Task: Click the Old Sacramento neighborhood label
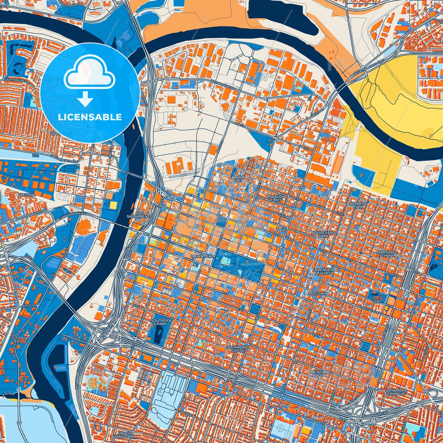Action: (139, 215)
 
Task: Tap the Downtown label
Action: (203, 256)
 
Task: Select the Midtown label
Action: (318, 293)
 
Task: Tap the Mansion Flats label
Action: (276, 198)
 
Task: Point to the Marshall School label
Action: (387, 254)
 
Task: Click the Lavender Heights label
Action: (323, 271)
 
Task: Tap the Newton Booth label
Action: (319, 374)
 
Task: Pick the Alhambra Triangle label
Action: (396, 392)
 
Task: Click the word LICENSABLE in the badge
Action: (90, 117)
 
